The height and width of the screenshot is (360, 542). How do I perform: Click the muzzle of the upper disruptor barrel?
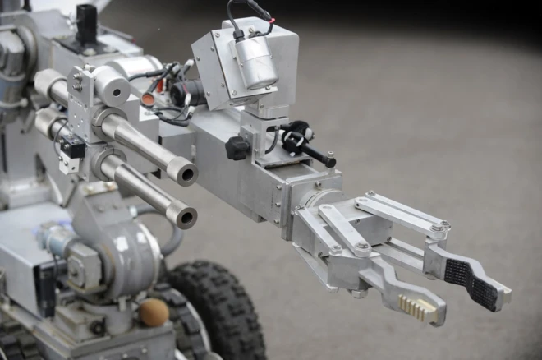(182, 173)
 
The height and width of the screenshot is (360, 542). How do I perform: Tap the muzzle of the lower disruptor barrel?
(182, 216)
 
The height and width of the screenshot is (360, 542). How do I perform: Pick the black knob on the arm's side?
(237, 148)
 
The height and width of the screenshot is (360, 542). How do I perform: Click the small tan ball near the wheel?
(154, 312)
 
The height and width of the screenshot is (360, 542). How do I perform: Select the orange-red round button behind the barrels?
(148, 99)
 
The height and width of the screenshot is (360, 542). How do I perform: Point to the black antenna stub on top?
(86, 23)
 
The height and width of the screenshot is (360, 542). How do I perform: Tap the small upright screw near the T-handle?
(329, 157)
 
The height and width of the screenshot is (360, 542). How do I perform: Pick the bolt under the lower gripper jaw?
(358, 292)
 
